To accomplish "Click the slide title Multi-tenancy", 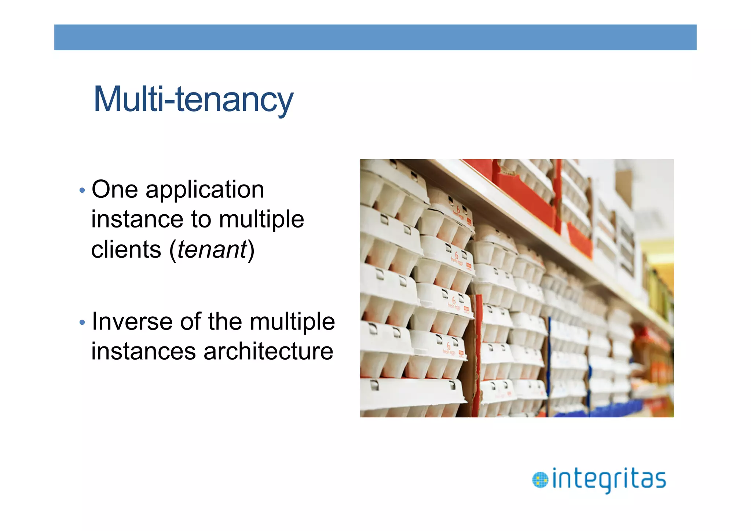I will point(193,99).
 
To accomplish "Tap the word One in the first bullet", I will point(115,190).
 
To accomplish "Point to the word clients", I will point(126,250).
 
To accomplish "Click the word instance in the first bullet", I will point(137,219).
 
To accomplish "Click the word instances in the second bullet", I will point(144,352).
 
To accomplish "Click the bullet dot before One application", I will point(82,190).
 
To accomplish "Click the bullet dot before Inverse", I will point(82,323).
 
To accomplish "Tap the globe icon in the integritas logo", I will point(540,480).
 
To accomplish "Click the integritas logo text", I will point(609,479).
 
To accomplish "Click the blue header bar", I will point(375,37).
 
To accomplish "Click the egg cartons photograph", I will point(517,288).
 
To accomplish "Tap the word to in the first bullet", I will point(201,219).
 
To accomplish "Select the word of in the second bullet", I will point(191,322).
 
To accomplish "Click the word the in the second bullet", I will point(225,322).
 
